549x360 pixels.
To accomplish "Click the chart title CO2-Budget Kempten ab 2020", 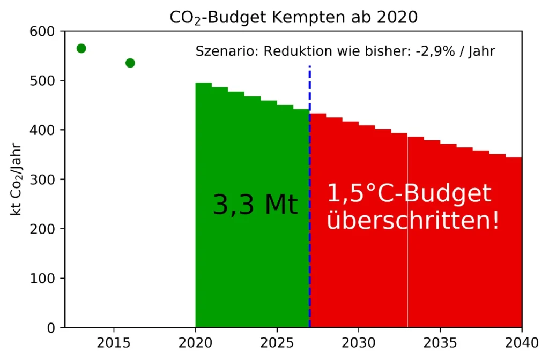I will pos(293,17).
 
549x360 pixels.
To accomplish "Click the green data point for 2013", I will pos(81,49).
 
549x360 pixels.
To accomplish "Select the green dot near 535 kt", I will pos(130,63).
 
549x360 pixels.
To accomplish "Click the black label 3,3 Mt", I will pos(255,205).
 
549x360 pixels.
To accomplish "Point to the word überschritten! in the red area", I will pos(413,220).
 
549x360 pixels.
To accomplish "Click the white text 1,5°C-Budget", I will pos(409,193).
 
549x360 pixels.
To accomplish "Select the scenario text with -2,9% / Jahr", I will pos(345,51).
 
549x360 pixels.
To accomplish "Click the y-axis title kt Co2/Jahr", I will pos(17,179).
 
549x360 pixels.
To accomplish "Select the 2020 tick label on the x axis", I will pos(195,342).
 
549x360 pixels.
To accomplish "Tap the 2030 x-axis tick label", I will pos(358,342).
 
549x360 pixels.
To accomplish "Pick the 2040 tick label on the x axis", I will pos(521,342).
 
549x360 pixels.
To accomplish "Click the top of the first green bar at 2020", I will pos(203,83).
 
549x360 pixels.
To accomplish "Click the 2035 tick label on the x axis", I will pos(440,342).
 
